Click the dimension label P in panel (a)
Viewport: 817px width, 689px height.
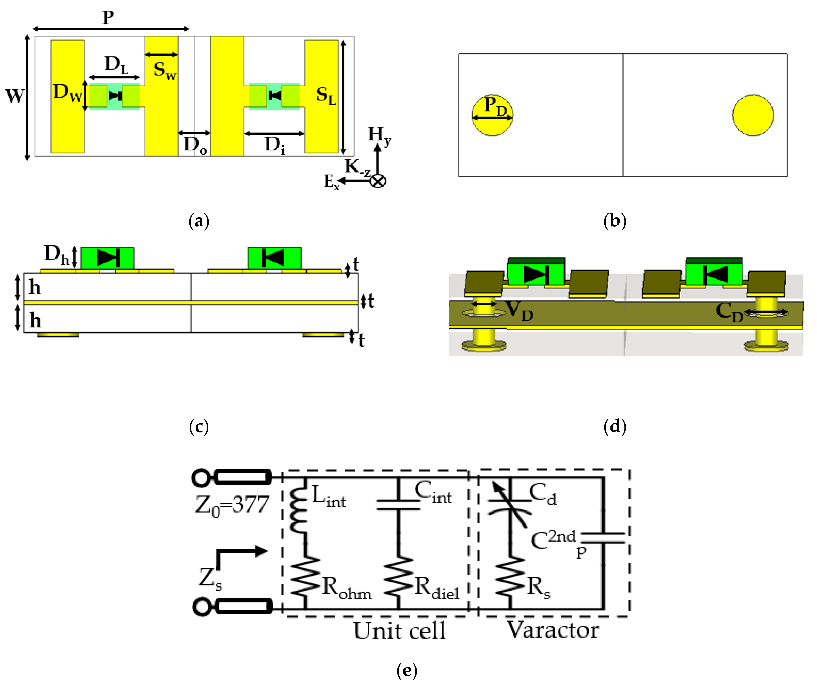click(x=108, y=18)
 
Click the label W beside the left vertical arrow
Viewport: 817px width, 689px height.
click(x=14, y=96)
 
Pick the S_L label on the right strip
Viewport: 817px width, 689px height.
click(x=326, y=95)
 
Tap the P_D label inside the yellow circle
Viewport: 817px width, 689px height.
click(x=495, y=106)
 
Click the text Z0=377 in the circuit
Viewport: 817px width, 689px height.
click(x=232, y=505)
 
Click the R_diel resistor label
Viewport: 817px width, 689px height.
click(x=437, y=588)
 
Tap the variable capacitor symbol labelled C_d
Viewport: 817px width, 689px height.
click(x=510, y=504)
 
